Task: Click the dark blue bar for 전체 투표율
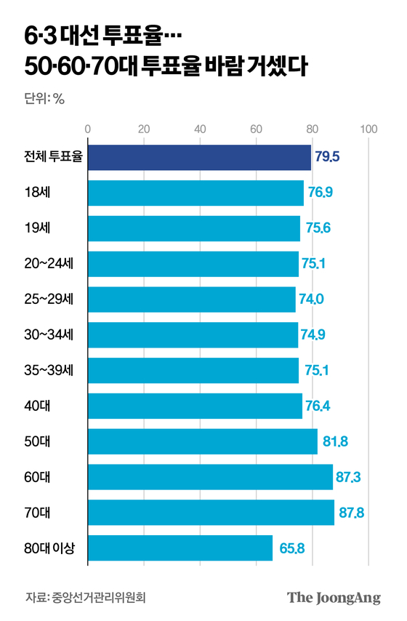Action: click(199, 157)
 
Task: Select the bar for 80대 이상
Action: click(180, 548)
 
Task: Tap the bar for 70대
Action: click(211, 512)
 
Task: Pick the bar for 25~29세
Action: click(192, 299)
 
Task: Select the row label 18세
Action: click(35, 193)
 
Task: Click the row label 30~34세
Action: click(48, 334)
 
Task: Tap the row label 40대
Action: click(36, 406)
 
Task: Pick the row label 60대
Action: click(36, 476)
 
